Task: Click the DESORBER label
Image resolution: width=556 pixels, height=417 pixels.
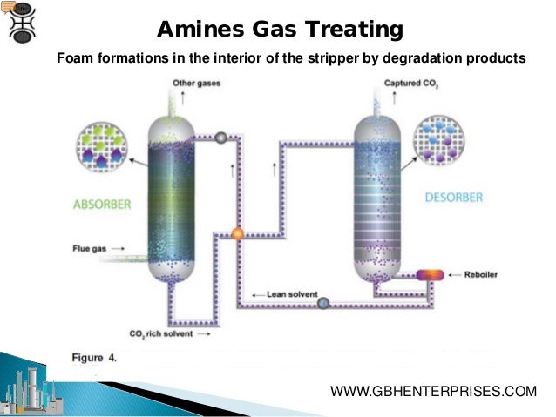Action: point(453,198)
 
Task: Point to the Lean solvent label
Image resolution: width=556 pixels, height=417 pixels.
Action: point(277,294)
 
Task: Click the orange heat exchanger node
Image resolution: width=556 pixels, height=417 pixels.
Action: point(237,233)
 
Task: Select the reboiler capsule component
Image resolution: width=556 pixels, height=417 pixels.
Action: point(430,275)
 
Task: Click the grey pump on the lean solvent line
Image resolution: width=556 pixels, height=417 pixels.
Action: point(323,303)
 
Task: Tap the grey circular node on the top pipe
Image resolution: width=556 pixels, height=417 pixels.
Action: point(221,137)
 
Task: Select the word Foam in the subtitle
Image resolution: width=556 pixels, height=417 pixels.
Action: point(74,58)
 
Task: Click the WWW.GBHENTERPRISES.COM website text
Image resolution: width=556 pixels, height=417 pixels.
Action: point(434,392)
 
